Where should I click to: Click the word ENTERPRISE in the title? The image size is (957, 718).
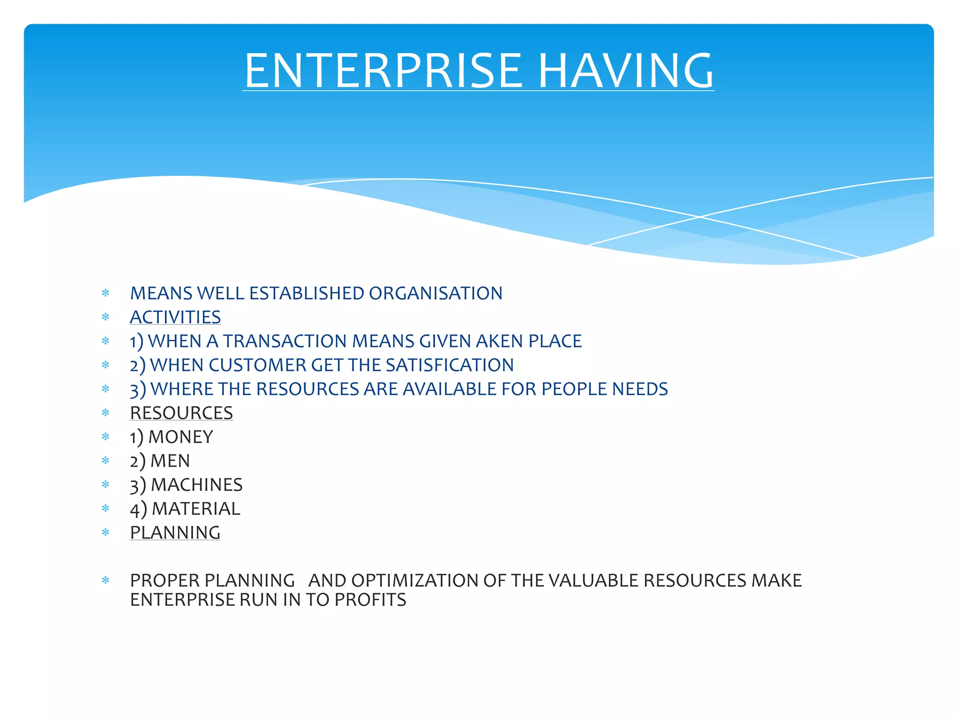pyautogui.click(x=382, y=71)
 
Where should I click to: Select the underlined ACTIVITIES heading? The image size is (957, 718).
pyautogui.click(x=175, y=317)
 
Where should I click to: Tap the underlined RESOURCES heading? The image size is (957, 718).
pyautogui.click(x=181, y=413)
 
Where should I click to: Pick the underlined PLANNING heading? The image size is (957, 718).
pyautogui.click(x=175, y=533)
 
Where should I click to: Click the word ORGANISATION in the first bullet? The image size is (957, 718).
pyautogui.click(x=436, y=294)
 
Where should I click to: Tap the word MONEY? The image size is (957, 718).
pyautogui.click(x=180, y=437)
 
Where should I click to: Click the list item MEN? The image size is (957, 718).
pyautogui.click(x=170, y=461)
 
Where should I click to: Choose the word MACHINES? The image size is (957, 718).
pyautogui.click(x=196, y=485)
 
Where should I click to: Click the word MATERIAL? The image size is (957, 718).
pyautogui.click(x=196, y=509)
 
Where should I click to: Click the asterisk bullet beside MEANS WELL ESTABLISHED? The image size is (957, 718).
pyautogui.click(x=106, y=294)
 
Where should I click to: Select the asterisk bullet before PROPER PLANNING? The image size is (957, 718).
pyautogui.click(x=106, y=581)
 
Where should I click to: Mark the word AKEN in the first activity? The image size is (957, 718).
pyautogui.click(x=500, y=341)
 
